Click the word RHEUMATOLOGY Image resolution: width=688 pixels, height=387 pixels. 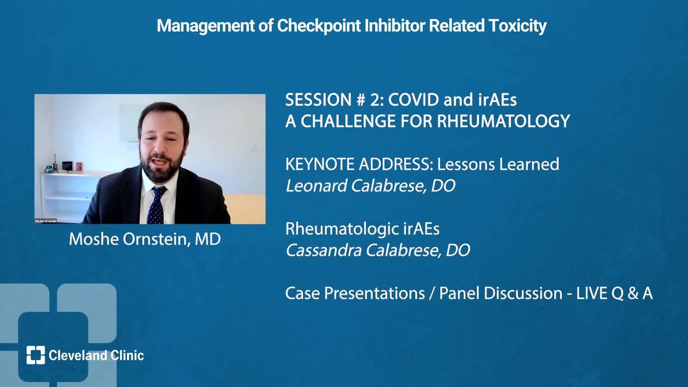pos(504,121)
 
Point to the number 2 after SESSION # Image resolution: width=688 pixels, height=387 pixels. pos(375,99)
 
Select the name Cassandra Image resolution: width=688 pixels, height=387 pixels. pos(324,250)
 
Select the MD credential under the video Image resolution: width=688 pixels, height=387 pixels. pos(207,239)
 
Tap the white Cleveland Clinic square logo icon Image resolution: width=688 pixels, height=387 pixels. pos(35,355)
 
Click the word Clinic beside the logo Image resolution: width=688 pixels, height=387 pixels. pos(127,355)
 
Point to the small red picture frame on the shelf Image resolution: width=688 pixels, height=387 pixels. pos(79,167)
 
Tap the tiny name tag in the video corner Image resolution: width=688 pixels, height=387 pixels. pos(46,221)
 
